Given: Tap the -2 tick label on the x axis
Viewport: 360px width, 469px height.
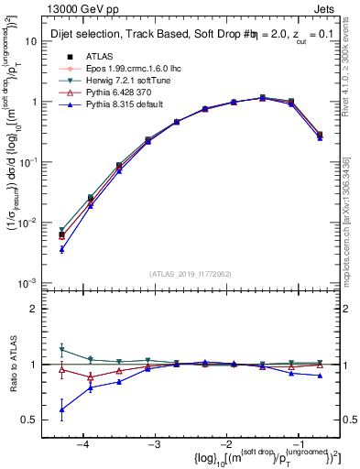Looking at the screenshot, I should point(225,444).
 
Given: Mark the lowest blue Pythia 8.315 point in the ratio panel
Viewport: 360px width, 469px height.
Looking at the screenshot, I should point(61,409).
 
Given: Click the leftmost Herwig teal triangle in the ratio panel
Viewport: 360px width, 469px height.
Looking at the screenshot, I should point(61,349).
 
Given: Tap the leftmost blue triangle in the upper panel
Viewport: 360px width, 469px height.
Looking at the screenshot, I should point(61,249).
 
